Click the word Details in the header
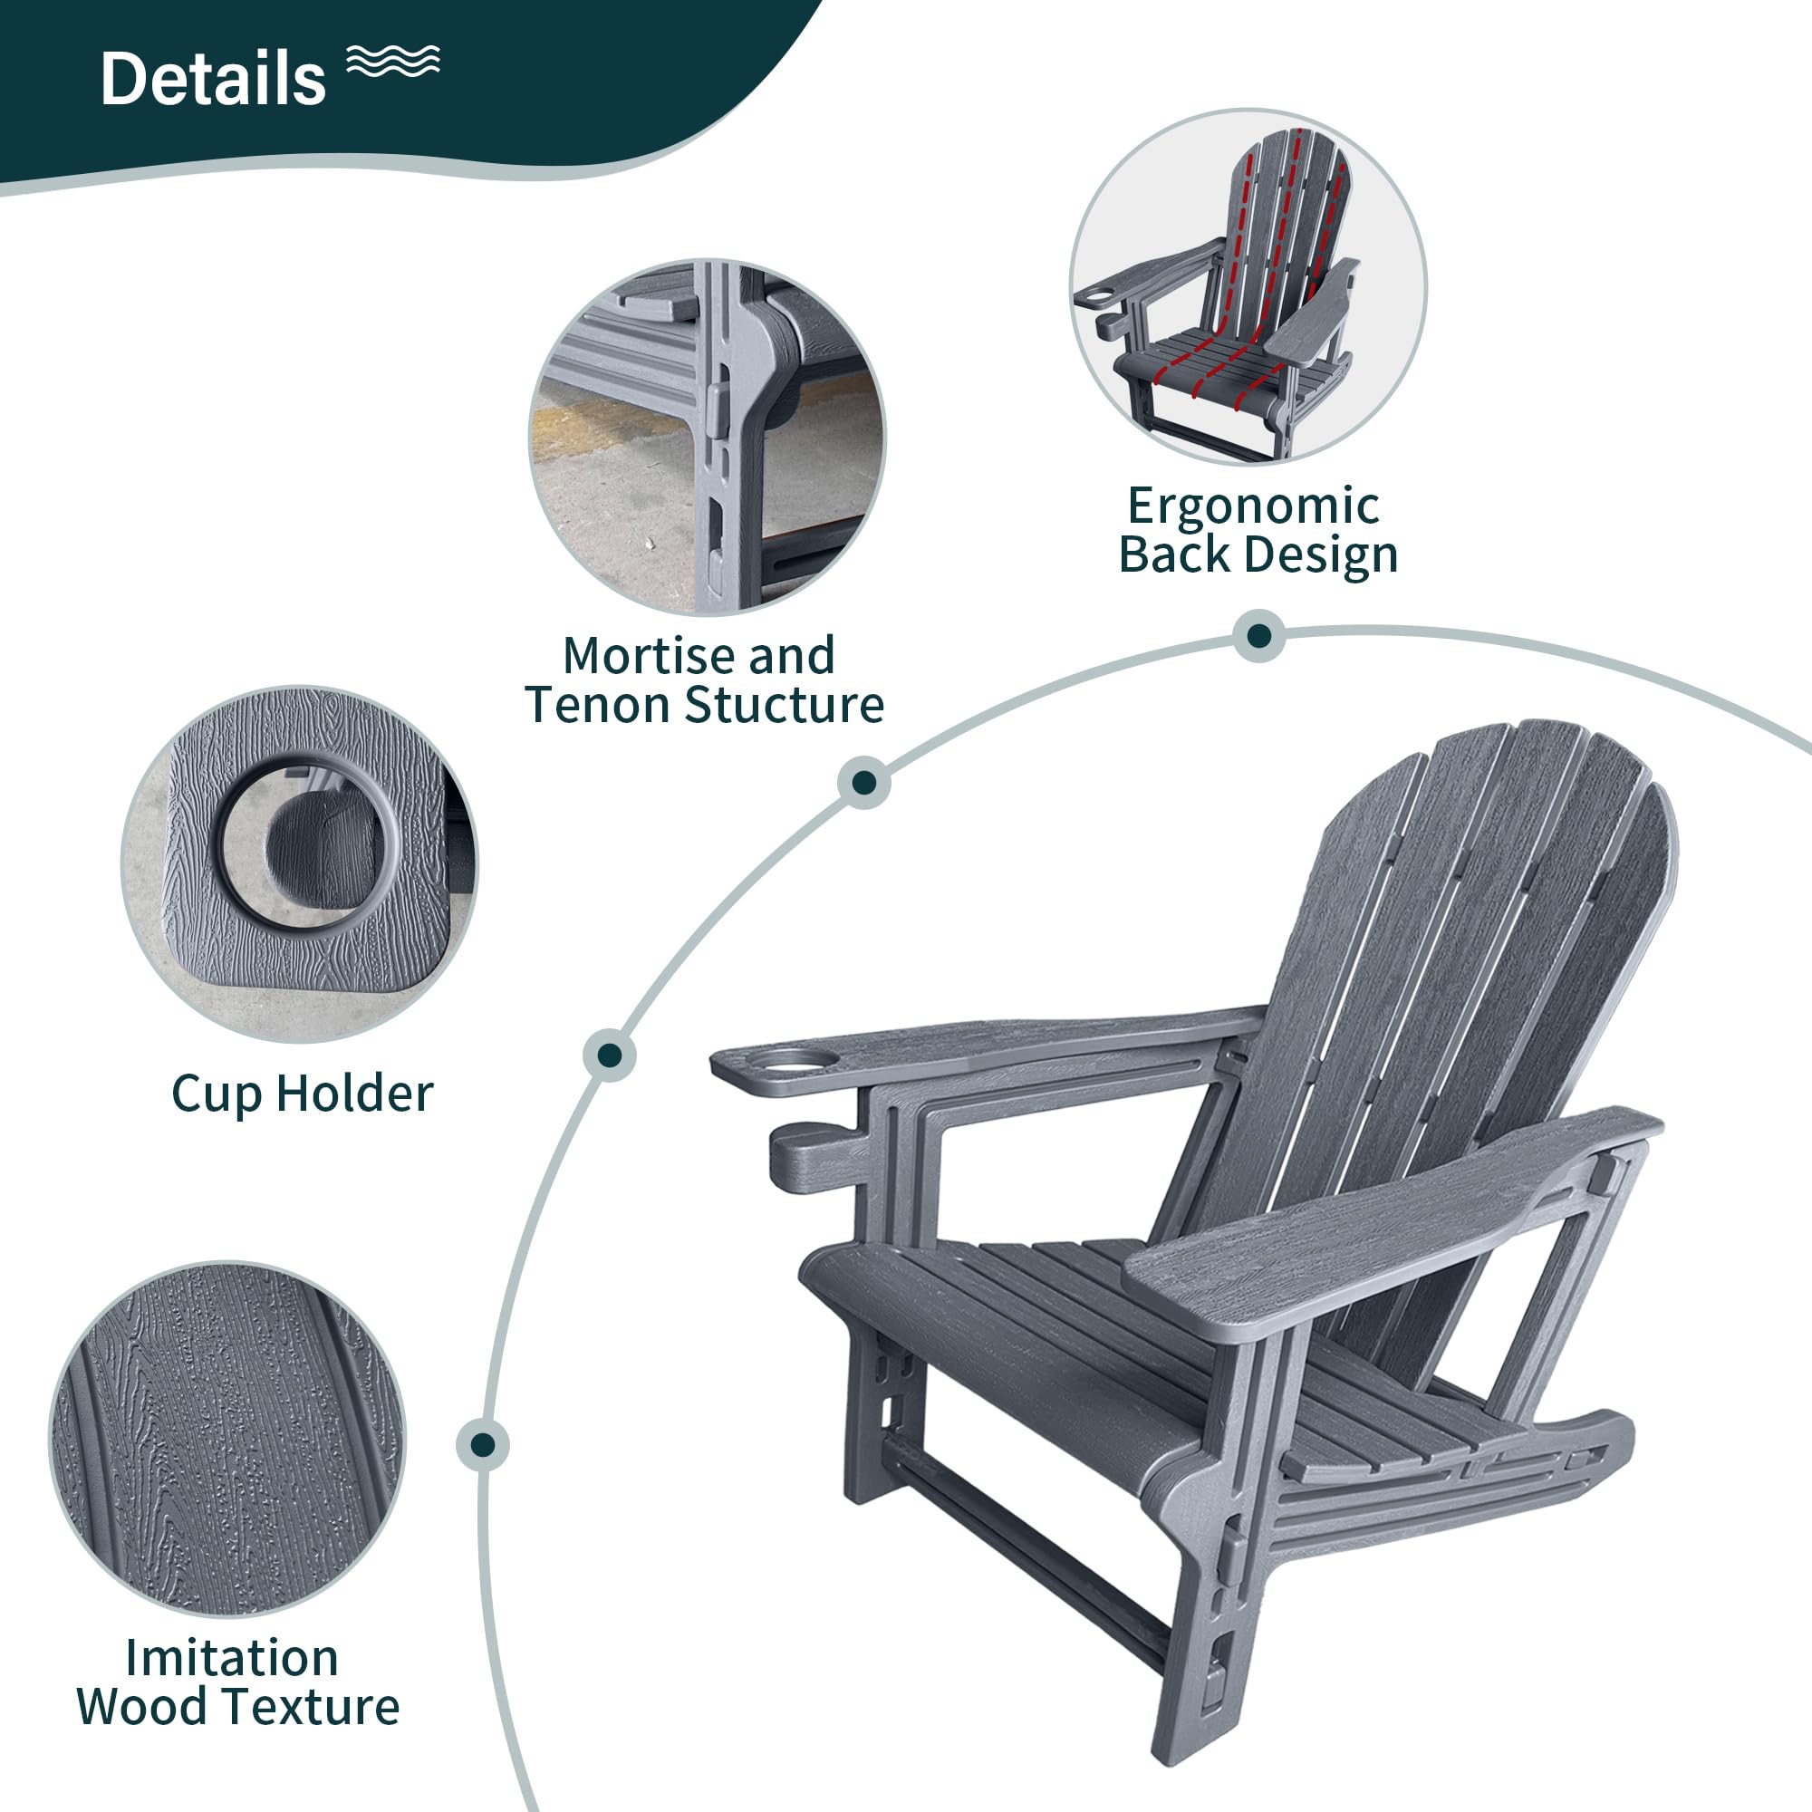point(213,79)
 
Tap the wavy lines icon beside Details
point(393,60)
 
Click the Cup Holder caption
point(302,1094)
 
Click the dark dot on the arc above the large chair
point(1258,636)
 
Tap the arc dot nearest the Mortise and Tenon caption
point(863,782)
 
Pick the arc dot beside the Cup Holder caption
point(609,1055)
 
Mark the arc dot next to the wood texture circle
point(483,1444)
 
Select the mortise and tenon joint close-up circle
point(708,437)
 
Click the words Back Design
point(1258,554)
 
